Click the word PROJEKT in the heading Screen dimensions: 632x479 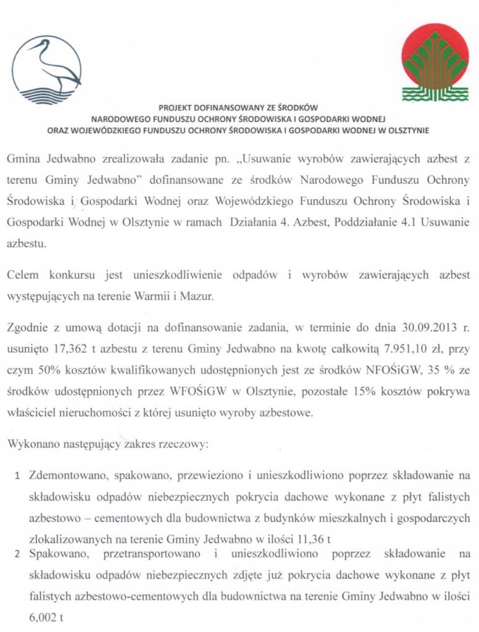pos(177,107)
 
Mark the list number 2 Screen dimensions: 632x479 pos(19,555)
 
